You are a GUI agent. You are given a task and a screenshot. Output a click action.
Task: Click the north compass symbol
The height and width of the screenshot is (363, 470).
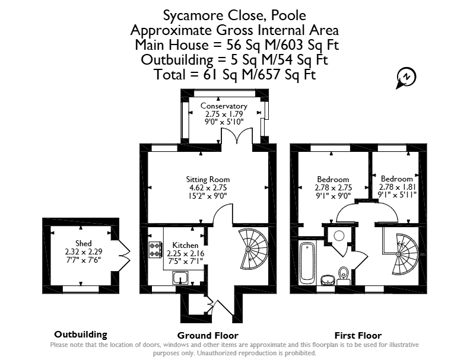[x=406, y=78]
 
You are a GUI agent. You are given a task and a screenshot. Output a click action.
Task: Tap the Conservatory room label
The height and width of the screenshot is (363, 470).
[x=224, y=106]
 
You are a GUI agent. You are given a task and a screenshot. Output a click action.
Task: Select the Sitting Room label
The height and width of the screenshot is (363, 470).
[x=208, y=179]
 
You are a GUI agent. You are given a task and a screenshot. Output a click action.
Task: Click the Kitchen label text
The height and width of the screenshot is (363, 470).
[x=185, y=246]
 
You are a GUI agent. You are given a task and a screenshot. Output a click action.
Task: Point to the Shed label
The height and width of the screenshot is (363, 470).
[x=83, y=243]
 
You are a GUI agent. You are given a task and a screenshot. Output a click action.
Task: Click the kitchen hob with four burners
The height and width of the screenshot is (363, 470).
[x=155, y=250]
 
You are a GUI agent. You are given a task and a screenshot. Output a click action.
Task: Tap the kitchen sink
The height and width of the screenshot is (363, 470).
[x=180, y=278]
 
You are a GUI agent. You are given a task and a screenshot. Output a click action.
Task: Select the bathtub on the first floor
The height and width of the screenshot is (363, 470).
[x=307, y=263]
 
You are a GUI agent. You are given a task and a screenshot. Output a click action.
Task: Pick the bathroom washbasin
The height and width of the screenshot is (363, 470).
[x=328, y=280]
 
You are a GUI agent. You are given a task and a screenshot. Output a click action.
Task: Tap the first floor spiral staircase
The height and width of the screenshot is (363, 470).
[x=404, y=254]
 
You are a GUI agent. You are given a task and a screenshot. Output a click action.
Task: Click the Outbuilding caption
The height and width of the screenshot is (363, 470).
[x=81, y=335]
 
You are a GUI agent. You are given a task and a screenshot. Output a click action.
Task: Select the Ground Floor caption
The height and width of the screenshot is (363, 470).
[x=208, y=336]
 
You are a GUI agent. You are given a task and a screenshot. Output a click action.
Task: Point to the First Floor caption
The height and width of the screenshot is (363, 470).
[x=358, y=336]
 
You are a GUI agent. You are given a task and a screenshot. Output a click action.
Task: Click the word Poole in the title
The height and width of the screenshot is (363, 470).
[x=288, y=15]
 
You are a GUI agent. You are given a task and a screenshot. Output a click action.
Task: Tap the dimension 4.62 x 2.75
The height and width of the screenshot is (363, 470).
[x=208, y=188]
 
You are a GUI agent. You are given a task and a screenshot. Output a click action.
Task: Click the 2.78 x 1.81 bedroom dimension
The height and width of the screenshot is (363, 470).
[x=397, y=187]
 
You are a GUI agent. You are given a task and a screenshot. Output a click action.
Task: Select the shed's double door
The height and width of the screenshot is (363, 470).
[x=124, y=256]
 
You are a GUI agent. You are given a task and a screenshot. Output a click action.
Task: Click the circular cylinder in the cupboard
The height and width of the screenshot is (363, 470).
[x=339, y=235]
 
